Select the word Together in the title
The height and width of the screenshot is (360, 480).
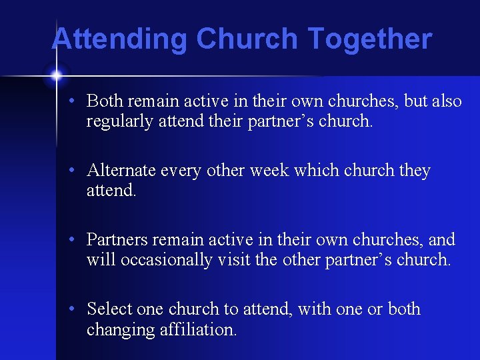click(x=370, y=39)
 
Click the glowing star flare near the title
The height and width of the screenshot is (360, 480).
click(x=56, y=75)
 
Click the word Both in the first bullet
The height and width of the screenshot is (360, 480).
click(x=105, y=101)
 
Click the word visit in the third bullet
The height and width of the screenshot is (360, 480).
click(x=235, y=260)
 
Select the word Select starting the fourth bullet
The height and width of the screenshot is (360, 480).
click(x=109, y=309)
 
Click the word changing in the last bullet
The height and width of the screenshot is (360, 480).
click(x=120, y=329)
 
